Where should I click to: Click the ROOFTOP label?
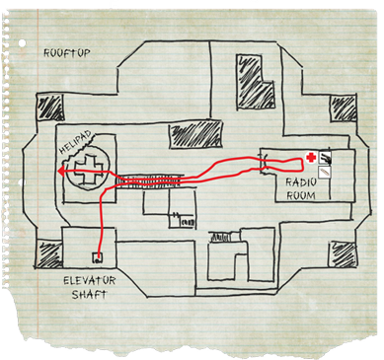[x=67, y=53]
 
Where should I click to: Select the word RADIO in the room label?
[x=301, y=182]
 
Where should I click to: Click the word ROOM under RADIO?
[x=301, y=196]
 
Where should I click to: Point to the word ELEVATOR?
[x=90, y=281]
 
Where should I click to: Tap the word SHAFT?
[x=90, y=294]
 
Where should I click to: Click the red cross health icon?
[x=310, y=158]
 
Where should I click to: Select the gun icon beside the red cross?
[x=325, y=158]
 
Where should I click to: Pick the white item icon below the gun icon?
[x=325, y=172]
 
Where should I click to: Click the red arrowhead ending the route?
[x=61, y=171]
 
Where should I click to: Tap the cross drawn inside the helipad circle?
[x=87, y=170]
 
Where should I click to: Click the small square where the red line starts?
[x=98, y=257]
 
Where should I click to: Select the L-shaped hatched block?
[x=255, y=81]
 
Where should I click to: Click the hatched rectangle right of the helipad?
[x=195, y=134]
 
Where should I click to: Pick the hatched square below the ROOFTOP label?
[x=49, y=108]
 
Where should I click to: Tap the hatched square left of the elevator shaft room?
[x=48, y=254]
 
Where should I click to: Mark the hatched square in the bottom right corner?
[x=343, y=254]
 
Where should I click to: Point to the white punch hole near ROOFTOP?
[x=23, y=43]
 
